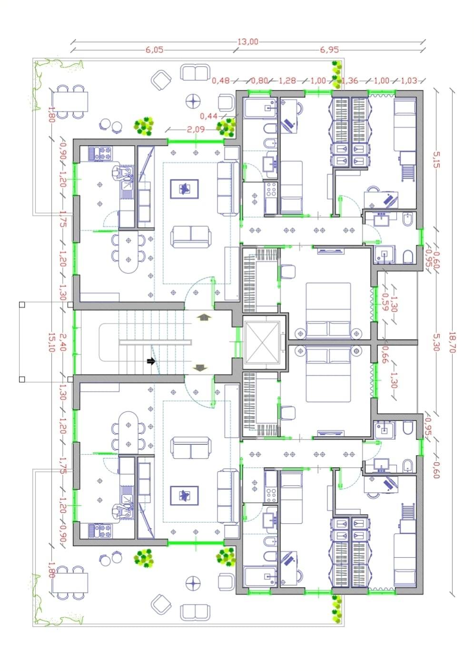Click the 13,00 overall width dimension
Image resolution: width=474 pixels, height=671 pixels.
247,41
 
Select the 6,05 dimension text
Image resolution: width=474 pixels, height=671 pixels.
155,50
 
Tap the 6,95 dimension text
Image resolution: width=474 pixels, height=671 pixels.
329,50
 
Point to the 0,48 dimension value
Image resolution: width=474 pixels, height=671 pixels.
221,80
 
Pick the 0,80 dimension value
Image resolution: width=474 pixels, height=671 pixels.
260,80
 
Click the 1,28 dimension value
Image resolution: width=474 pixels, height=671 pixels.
287,80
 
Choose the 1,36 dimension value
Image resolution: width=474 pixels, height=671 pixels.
350,80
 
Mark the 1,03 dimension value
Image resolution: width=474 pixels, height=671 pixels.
408,80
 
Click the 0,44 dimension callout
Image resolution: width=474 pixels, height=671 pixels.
209,116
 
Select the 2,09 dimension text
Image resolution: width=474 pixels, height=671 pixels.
196,130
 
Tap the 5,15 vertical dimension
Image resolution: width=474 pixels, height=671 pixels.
436,160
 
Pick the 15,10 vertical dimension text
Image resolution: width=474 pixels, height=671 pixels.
51,342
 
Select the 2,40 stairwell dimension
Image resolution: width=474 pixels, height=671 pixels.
62,342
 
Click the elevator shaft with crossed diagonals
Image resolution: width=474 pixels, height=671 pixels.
262,342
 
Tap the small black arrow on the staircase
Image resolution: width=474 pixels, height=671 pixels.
151,361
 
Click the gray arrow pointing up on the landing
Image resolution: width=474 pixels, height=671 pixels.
204,318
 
